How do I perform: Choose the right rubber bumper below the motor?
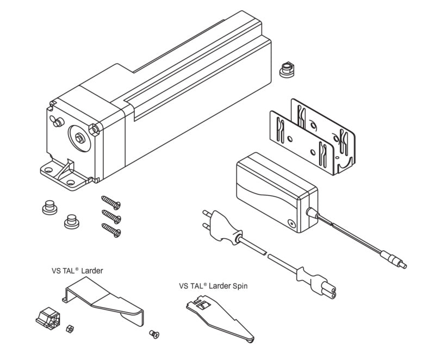70,221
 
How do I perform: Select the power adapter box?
275,191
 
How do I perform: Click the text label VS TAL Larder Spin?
213,285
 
